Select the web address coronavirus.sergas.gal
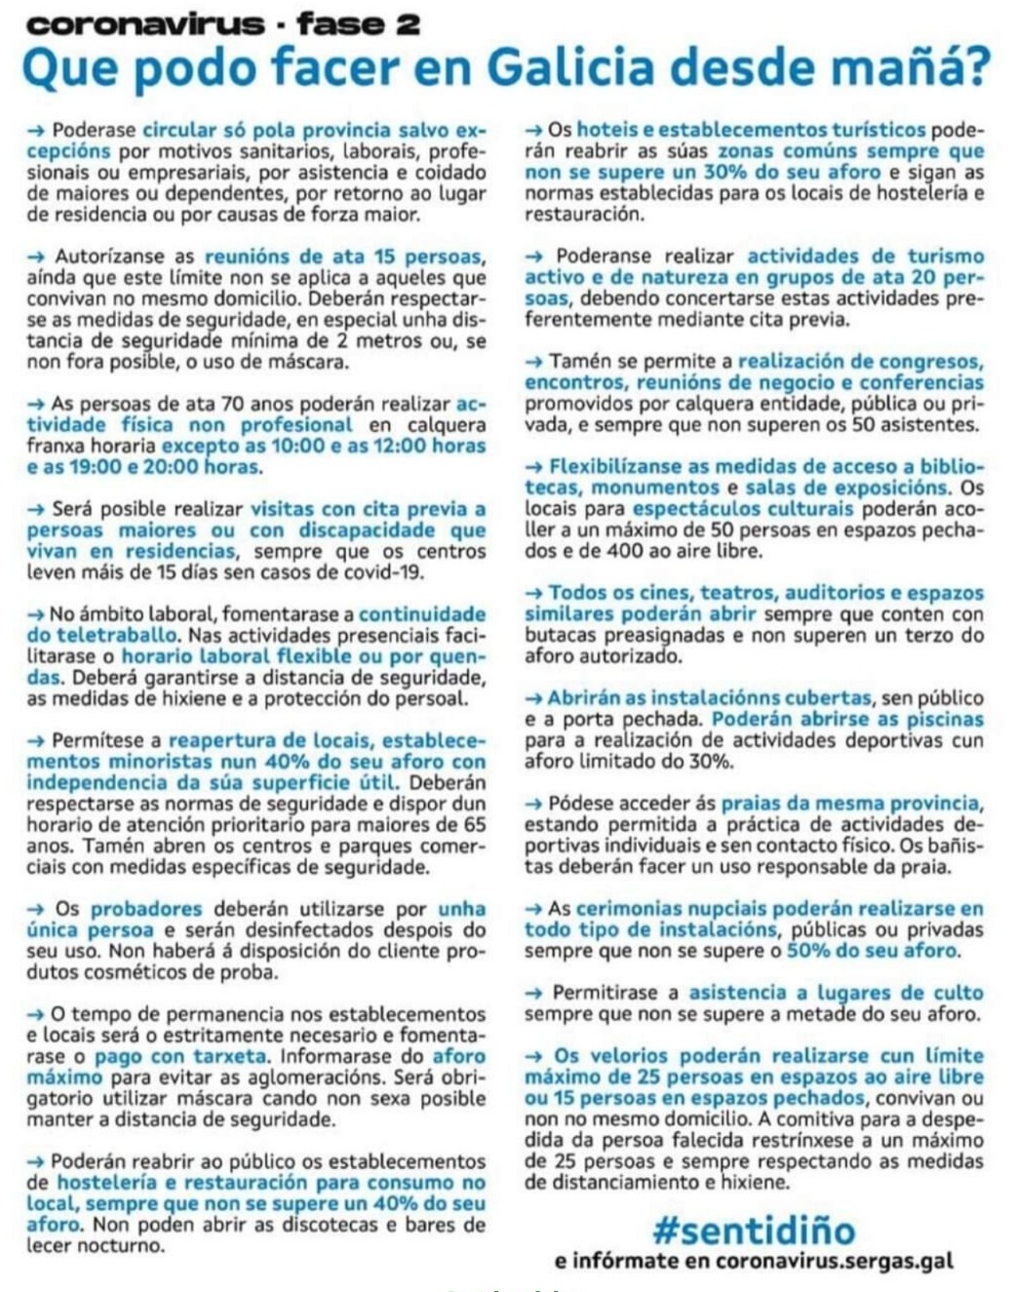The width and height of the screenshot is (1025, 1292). click(834, 1261)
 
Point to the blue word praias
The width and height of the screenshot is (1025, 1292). click(750, 803)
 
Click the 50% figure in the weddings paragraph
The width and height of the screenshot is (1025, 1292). click(808, 951)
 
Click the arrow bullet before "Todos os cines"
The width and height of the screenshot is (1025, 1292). click(534, 593)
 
